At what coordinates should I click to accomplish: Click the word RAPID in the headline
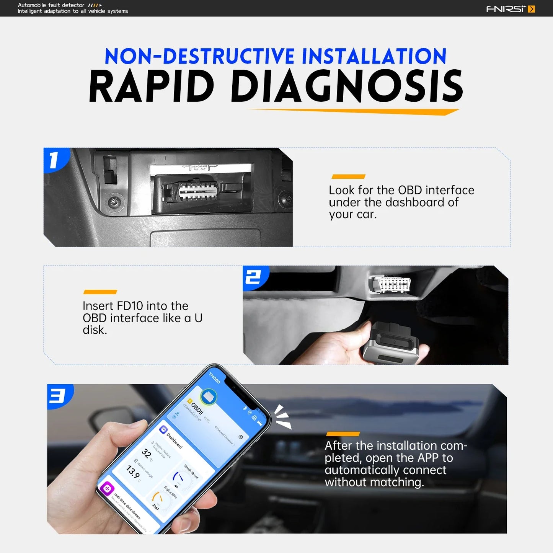point(152,87)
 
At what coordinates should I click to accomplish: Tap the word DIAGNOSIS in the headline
point(347,87)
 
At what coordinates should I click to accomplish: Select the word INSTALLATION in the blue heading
point(374,56)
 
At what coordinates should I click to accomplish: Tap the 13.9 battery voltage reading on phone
point(133,472)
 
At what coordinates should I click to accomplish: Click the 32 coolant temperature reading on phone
point(147,453)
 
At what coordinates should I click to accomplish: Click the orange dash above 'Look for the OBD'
point(348,176)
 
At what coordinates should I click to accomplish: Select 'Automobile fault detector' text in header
point(51,5)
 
